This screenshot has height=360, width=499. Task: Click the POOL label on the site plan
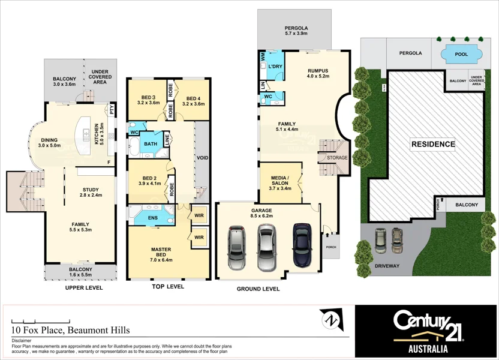click(461, 54)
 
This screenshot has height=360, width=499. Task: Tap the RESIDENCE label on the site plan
click(432, 144)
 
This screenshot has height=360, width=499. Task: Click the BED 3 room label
click(148, 100)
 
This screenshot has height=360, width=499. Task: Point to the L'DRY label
click(275, 67)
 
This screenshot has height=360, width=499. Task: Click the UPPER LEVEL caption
click(84, 288)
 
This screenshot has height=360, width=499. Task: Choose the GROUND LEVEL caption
click(258, 289)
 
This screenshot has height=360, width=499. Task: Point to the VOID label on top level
click(203, 158)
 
